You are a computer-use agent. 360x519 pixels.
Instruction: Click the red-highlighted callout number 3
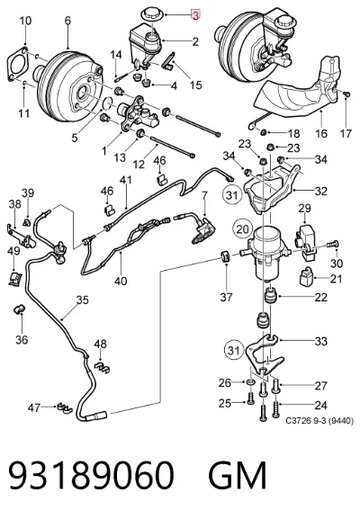(195, 15)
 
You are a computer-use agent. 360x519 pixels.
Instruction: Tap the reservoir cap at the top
(153, 15)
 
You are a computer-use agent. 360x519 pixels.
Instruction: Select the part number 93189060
(91, 475)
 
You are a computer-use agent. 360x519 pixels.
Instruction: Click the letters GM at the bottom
(237, 475)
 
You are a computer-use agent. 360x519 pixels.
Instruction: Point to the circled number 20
(242, 229)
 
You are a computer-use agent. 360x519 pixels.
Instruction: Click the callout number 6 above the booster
(67, 21)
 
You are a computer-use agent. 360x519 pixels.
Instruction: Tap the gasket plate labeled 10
(18, 65)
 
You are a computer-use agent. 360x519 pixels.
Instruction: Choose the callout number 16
(320, 133)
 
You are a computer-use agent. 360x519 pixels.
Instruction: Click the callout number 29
(304, 208)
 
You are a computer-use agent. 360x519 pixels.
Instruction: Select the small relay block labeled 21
(306, 276)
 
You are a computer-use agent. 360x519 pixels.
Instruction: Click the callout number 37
(226, 297)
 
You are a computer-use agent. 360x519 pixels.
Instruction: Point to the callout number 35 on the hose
(83, 300)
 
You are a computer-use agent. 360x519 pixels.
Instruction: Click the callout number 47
(34, 407)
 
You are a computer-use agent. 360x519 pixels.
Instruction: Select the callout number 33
(320, 341)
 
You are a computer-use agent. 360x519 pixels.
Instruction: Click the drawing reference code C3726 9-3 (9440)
(319, 421)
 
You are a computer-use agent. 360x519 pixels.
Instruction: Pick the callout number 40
(121, 281)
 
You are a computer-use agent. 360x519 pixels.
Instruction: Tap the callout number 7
(204, 195)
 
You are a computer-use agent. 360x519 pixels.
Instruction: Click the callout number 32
(320, 191)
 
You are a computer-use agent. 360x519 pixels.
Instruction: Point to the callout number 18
(293, 133)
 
